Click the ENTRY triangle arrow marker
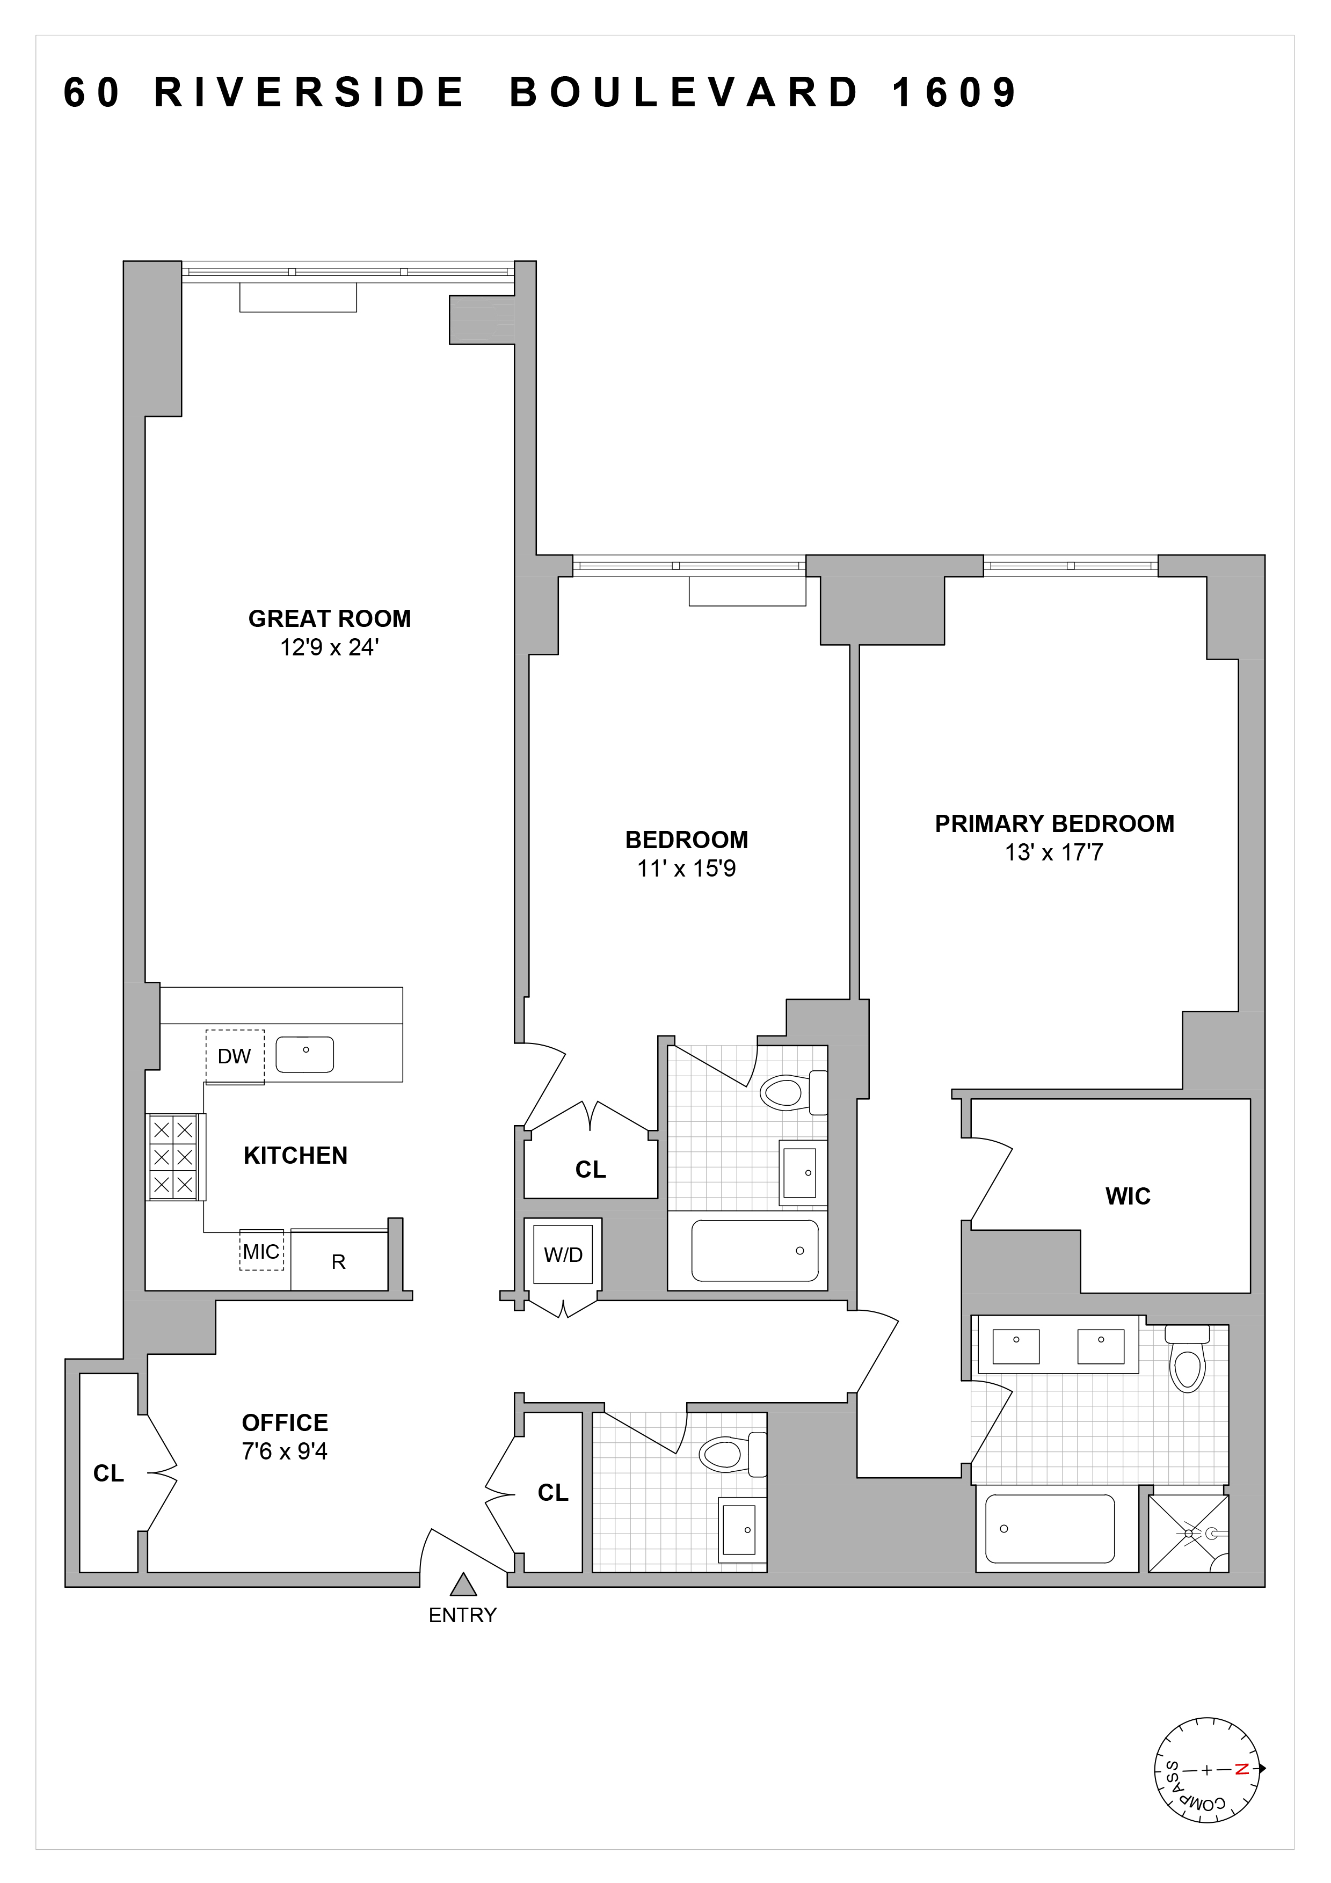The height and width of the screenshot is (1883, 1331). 463,1585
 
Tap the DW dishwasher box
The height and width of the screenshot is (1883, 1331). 235,1056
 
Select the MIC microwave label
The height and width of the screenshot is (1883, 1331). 261,1252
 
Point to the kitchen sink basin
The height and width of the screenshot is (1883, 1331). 304,1055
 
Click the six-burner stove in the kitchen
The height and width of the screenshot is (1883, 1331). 173,1157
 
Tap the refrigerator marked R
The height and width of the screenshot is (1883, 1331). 339,1261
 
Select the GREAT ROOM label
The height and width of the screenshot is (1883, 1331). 330,618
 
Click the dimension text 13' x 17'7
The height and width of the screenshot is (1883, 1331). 1054,853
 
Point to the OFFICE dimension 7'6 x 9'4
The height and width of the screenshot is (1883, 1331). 285,1451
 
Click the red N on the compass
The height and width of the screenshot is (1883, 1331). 1242,1769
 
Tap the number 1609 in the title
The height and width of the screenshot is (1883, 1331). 955,93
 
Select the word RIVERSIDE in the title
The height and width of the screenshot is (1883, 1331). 310,93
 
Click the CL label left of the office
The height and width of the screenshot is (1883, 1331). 108,1474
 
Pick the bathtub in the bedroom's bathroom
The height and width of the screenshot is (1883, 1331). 754,1251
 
